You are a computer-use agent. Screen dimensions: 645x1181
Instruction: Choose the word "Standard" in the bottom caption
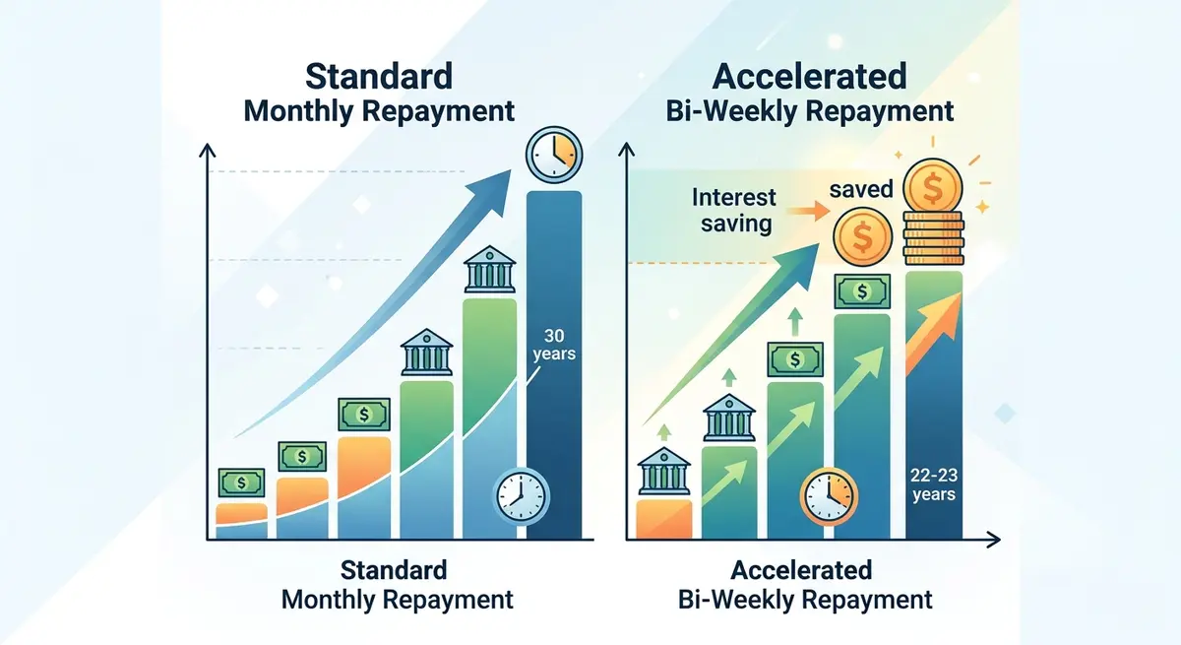pyautogui.click(x=394, y=569)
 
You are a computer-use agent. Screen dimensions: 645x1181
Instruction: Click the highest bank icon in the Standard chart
pyautogui.click(x=489, y=269)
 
